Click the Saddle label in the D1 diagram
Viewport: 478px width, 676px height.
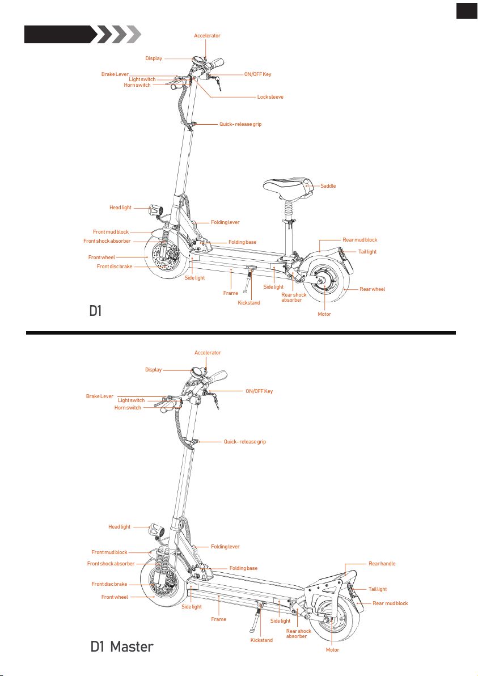(x=328, y=186)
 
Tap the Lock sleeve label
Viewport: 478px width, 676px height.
(x=270, y=97)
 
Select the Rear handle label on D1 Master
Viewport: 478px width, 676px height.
(x=382, y=564)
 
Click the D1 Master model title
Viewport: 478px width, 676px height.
(x=122, y=647)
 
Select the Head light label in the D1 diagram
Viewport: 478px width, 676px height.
(x=120, y=208)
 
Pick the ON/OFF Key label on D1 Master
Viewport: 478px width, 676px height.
(x=259, y=391)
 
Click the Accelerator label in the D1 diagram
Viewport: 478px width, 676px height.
(x=207, y=36)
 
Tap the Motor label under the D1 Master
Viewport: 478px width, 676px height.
(x=332, y=650)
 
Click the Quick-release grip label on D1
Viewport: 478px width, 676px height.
(x=240, y=124)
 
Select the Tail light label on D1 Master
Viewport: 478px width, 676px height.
(x=377, y=589)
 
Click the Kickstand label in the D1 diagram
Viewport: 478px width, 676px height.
(x=249, y=303)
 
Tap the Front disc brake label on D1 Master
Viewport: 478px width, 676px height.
(x=109, y=584)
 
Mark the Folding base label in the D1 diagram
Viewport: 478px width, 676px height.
(x=242, y=242)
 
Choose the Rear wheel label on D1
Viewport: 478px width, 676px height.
(x=372, y=289)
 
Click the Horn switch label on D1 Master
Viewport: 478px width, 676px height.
(x=128, y=408)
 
